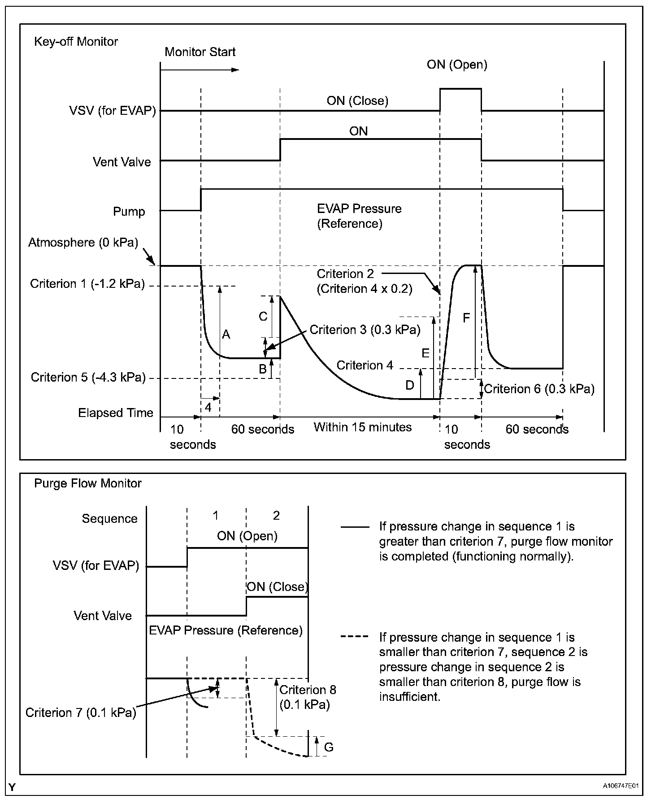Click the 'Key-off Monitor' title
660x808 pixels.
(x=76, y=42)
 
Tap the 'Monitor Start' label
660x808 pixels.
(x=200, y=52)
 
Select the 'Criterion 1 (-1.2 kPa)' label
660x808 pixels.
(x=87, y=284)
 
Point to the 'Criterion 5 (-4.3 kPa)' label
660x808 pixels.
(x=88, y=378)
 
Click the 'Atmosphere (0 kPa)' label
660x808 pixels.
(x=83, y=243)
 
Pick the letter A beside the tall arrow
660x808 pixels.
(x=226, y=334)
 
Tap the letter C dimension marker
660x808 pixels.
(x=263, y=317)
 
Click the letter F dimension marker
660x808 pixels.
(x=466, y=318)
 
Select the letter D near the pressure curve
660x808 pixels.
(x=409, y=385)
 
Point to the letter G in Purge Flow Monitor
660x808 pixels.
(x=329, y=747)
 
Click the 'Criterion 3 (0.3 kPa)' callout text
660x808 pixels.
(x=365, y=330)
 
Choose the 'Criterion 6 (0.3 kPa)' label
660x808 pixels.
(x=539, y=389)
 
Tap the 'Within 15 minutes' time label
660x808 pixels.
(x=362, y=427)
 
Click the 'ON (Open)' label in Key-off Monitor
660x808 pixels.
(x=457, y=65)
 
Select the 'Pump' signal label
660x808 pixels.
(x=129, y=212)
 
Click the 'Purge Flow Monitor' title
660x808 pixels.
(x=88, y=483)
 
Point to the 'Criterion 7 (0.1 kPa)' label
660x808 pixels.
(x=81, y=713)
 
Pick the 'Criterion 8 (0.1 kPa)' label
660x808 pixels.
(x=307, y=697)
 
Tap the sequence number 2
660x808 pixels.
(x=276, y=516)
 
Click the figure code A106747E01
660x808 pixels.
(x=621, y=786)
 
